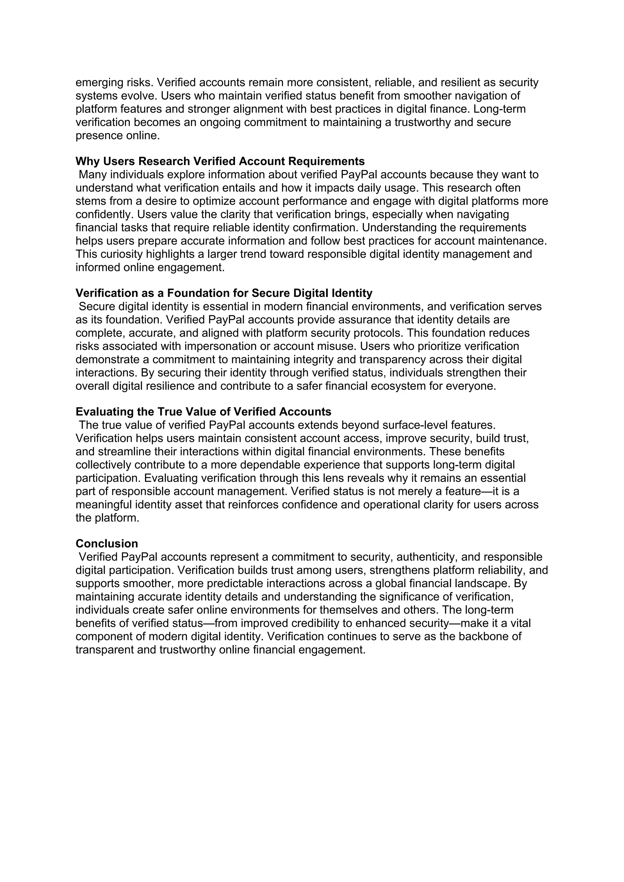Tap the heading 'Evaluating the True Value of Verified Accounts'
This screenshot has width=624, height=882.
point(203,412)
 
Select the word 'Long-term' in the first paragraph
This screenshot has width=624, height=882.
point(499,109)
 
